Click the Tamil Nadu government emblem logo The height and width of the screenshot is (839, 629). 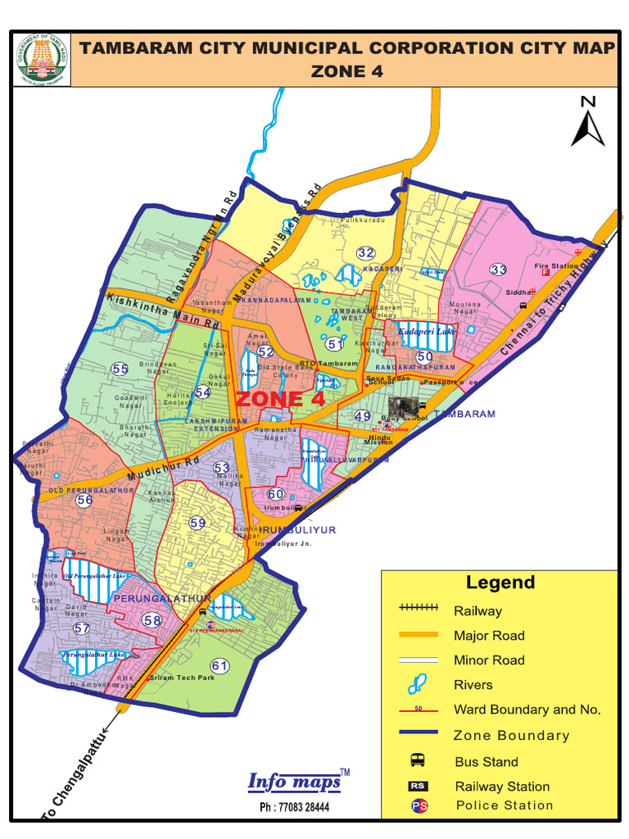(42, 60)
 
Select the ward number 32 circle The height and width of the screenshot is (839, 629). (365, 252)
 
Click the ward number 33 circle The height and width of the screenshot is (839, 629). (499, 269)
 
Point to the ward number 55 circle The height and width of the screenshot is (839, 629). (120, 370)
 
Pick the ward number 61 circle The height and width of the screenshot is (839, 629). (219, 665)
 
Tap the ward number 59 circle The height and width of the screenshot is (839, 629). (197, 523)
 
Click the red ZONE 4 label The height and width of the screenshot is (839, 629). (280, 399)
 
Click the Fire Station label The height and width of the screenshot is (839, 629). (556, 265)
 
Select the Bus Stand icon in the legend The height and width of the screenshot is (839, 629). (418, 761)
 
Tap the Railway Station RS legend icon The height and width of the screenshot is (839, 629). (418, 787)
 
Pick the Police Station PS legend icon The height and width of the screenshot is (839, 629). (418, 805)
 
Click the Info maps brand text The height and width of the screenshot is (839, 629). (294, 782)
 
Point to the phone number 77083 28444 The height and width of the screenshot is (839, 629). (294, 807)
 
